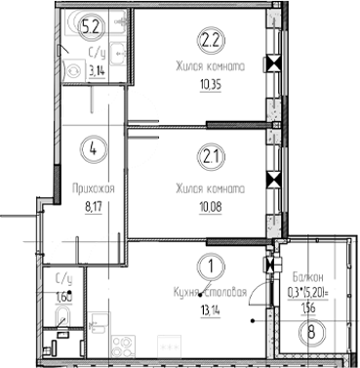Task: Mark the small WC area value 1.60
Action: click(63, 296)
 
